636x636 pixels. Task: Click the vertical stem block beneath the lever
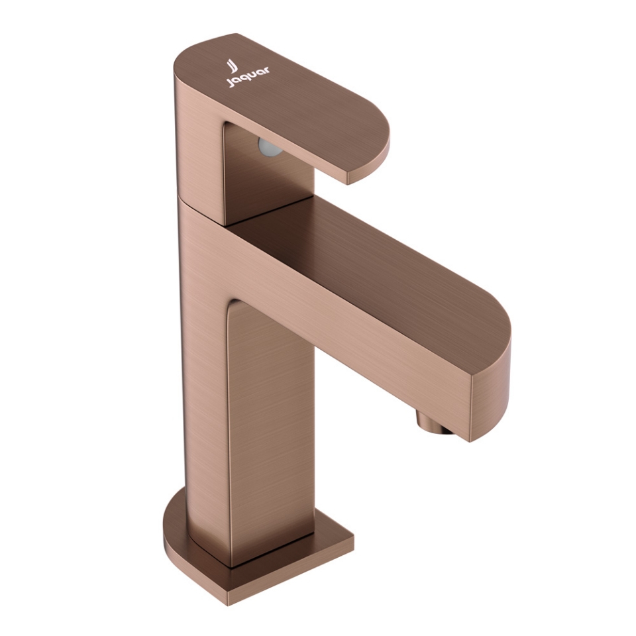point(265,179)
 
